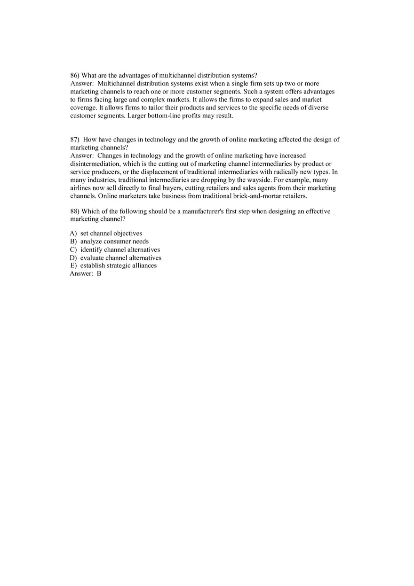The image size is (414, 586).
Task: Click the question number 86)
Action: (75, 75)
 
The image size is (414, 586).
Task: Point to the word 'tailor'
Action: (151, 108)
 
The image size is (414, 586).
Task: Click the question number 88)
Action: (75, 211)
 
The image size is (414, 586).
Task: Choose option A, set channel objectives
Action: (111, 234)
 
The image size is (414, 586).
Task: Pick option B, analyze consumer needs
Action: (114, 242)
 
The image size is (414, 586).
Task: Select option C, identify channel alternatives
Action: (120, 250)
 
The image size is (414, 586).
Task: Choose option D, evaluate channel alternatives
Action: (120, 258)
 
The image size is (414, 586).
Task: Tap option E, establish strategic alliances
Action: (118, 266)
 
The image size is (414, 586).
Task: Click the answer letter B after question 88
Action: (99, 273)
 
